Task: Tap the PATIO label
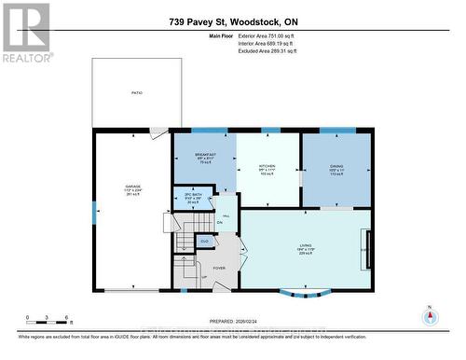(x=136, y=93)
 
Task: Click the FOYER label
(x=220, y=269)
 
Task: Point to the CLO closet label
(x=205, y=242)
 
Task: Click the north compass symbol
(x=429, y=315)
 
